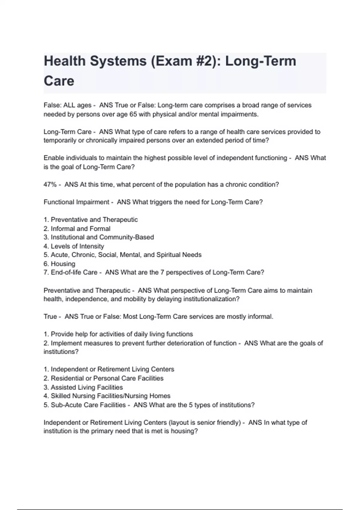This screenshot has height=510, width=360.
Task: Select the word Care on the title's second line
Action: [x=59, y=81]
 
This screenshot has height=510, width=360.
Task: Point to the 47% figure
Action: [x=50, y=184]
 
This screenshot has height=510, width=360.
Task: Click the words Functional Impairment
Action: [x=76, y=202]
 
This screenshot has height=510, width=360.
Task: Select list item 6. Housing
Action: [x=59, y=264]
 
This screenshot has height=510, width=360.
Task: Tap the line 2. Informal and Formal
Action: [x=77, y=229]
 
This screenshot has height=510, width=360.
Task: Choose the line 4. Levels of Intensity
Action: [x=74, y=246]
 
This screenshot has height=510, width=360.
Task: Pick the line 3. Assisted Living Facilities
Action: [x=83, y=387]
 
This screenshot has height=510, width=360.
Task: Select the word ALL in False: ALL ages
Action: [x=69, y=105]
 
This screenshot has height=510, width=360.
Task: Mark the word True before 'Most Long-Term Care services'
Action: [x=50, y=316]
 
